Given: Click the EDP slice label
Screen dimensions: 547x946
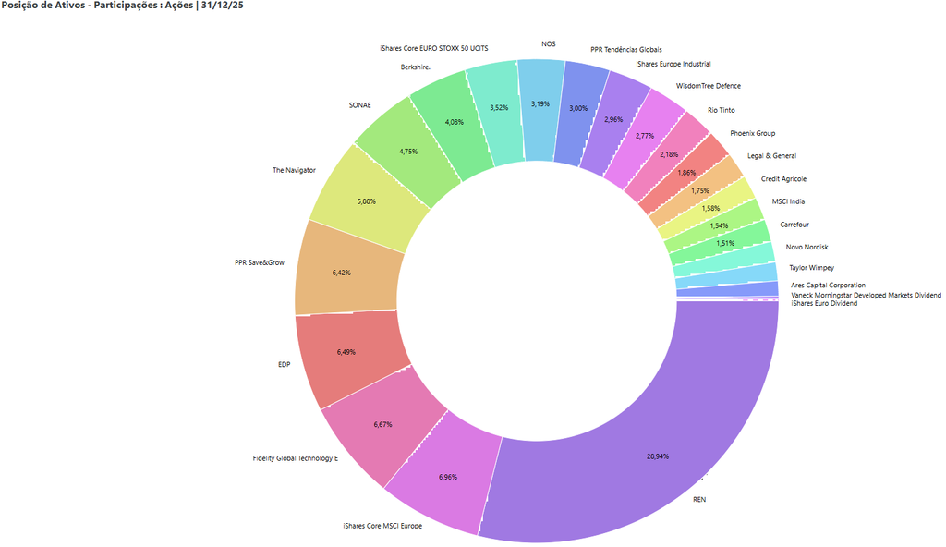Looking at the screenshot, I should pos(284,364).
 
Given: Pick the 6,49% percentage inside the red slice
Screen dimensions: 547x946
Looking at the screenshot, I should pos(347,352).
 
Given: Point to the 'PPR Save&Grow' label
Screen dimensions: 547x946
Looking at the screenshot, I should pos(260,262).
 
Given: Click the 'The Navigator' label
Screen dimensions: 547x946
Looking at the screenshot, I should pos(294,170).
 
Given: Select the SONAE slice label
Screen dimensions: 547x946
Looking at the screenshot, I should pos(359,104).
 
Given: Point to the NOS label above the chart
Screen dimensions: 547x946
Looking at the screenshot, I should pos(549,43).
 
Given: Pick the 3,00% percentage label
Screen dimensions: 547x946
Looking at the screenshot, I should pos(578,108).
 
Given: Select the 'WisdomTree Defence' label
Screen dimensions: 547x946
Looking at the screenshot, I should pos(709,86).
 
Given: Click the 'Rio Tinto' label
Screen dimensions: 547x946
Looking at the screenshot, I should pos(722,110).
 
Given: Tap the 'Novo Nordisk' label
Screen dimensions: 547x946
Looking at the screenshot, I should pos(807,247).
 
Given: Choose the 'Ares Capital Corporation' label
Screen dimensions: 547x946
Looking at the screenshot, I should pos(829,286).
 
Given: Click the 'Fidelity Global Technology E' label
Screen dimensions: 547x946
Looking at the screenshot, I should pos(296,458).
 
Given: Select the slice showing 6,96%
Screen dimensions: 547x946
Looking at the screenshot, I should pos(448,476).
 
